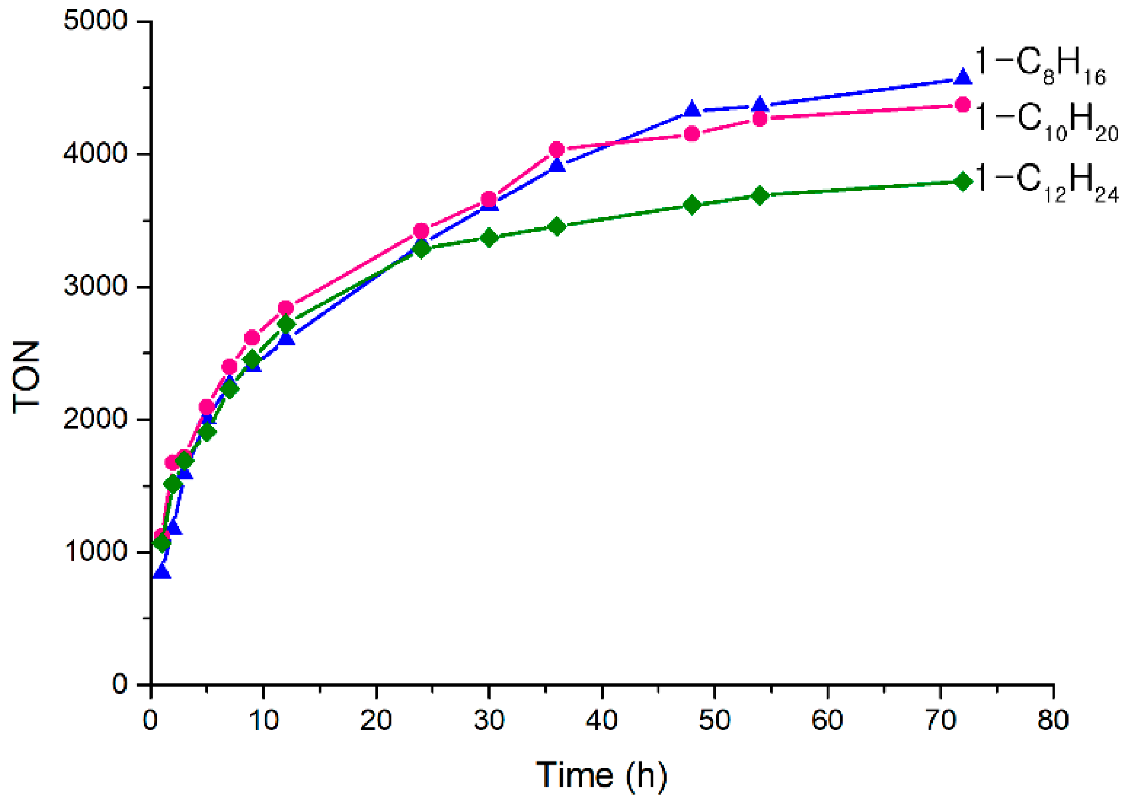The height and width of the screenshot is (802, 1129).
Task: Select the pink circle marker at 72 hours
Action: coord(962,105)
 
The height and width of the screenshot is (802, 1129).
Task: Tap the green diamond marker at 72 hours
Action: coord(962,182)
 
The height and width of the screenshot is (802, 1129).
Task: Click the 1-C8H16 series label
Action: coord(1039,67)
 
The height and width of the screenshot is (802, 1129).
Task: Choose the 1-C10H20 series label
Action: coord(1045,122)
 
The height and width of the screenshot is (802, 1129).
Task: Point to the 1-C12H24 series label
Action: coord(1045,183)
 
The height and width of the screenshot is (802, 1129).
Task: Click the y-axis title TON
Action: coord(26,377)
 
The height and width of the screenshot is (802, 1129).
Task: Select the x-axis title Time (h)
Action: coord(602,775)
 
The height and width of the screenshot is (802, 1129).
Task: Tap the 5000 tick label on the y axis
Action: coord(95,21)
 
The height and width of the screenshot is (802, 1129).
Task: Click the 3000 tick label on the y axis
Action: coord(95,286)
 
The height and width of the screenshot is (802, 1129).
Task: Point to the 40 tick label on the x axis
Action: coord(602,720)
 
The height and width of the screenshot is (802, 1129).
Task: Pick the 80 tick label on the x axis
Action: coord(1053,720)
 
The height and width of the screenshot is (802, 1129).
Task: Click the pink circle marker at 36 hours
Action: coord(557,150)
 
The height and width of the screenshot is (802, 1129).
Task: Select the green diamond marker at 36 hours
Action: coord(557,227)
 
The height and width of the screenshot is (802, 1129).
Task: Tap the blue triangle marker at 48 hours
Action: coord(692,110)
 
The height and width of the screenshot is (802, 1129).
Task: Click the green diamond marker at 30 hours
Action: coord(489,238)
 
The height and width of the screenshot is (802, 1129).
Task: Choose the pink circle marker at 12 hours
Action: coord(286,308)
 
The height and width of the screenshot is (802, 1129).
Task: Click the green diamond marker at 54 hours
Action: coord(760,196)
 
